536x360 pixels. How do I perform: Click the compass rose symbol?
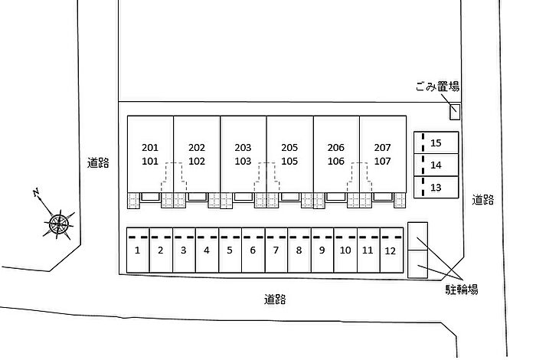click(x=58, y=223)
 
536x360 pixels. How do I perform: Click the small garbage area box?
click(x=455, y=112)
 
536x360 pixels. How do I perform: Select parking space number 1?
click(x=137, y=250)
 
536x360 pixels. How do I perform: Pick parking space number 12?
click(x=391, y=250)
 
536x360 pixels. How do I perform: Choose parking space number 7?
click(x=276, y=250)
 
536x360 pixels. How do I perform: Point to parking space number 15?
click(x=436, y=142)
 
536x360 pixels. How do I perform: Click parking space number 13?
click(x=436, y=187)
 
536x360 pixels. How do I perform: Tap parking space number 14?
click(x=436, y=165)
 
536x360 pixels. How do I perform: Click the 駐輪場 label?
click(x=462, y=289)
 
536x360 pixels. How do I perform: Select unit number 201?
click(x=150, y=147)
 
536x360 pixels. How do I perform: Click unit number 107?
click(x=382, y=161)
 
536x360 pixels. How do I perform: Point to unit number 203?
click(x=243, y=147)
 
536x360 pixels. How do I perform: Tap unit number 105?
click(x=289, y=161)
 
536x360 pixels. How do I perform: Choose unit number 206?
click(x=335, y=147)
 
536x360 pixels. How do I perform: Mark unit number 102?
click(x=197, y=161)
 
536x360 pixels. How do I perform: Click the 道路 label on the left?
click(x=98, y=162)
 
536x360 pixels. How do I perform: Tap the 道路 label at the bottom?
click(x=274, y=299)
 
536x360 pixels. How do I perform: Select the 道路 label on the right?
click(x=482, y=200)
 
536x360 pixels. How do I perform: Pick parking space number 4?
click(x=207, y=250)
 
